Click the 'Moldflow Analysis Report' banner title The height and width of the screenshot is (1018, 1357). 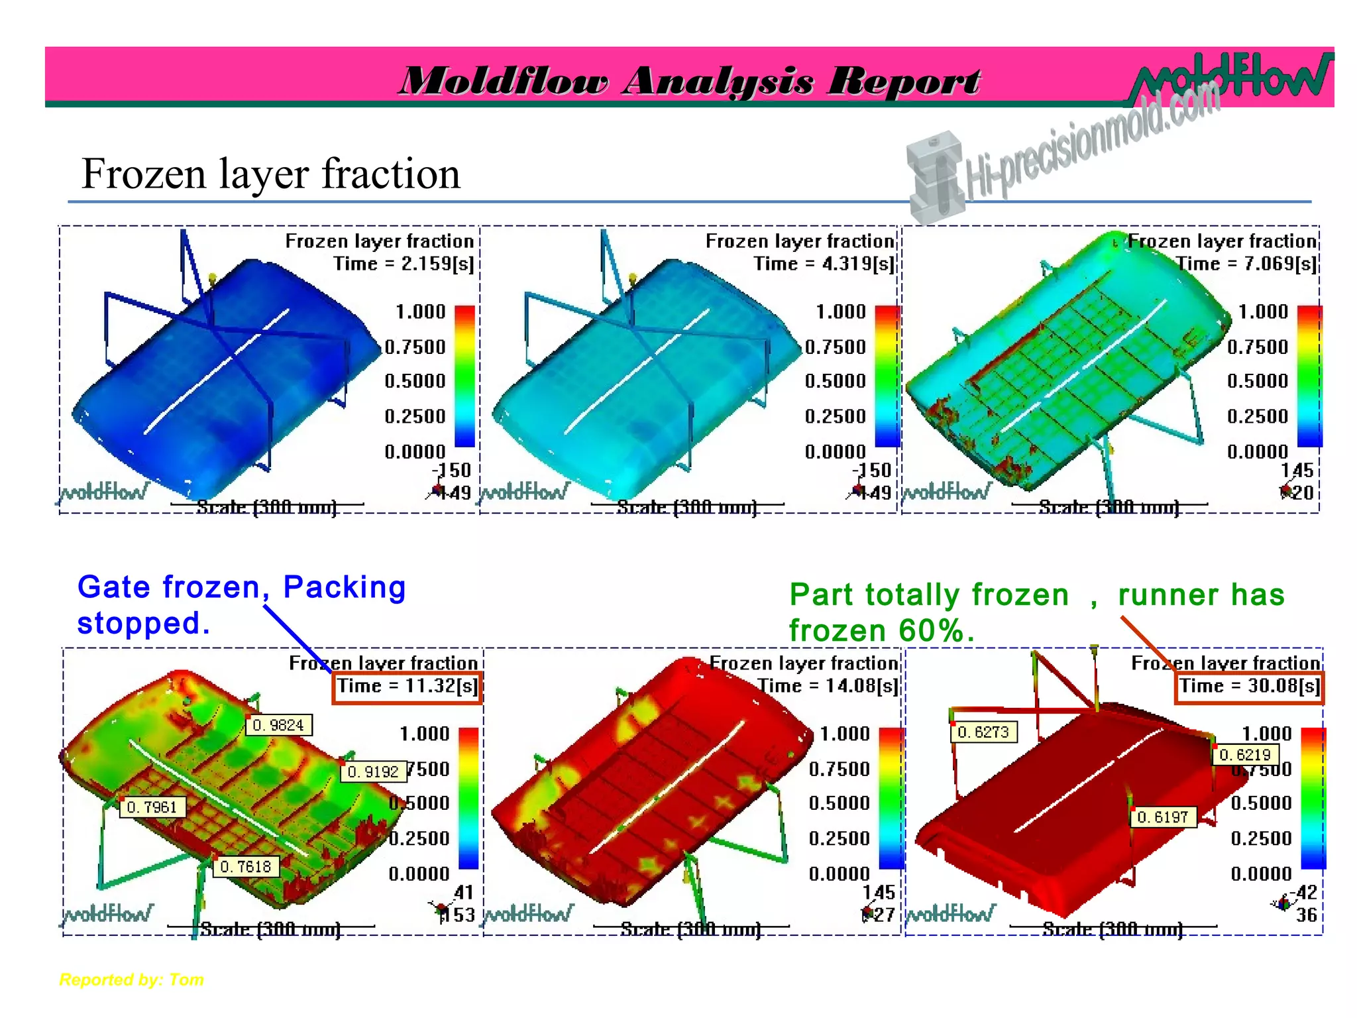coord(689,81)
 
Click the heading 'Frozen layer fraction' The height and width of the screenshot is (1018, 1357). coord(270,174)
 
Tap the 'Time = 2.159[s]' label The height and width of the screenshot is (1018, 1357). coord(404,264)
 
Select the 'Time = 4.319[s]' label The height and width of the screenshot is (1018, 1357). coord(824,264)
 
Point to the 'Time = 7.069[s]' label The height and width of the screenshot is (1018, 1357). coord(1246,264)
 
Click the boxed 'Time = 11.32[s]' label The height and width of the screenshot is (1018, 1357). coord(407,687)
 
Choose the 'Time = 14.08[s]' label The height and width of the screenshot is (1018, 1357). coord(828,686)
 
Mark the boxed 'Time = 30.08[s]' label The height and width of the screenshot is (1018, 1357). coord(1249,687)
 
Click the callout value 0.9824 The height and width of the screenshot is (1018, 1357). coord(278,725)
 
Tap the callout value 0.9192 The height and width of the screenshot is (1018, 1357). coord(373,771)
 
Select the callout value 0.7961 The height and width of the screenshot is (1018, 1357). coord(152,807)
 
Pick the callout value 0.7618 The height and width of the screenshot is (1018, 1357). coord(245,866)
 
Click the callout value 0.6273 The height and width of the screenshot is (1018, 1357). coord(983,732)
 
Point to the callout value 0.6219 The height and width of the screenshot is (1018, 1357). coord(1245,755)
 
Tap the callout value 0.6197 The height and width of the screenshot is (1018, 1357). coord(1163,817)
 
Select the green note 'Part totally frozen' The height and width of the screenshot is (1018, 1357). coord(929,594)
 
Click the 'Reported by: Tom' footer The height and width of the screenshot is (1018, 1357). coord(131,980)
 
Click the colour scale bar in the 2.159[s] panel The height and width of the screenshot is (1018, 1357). coord(464,376)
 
